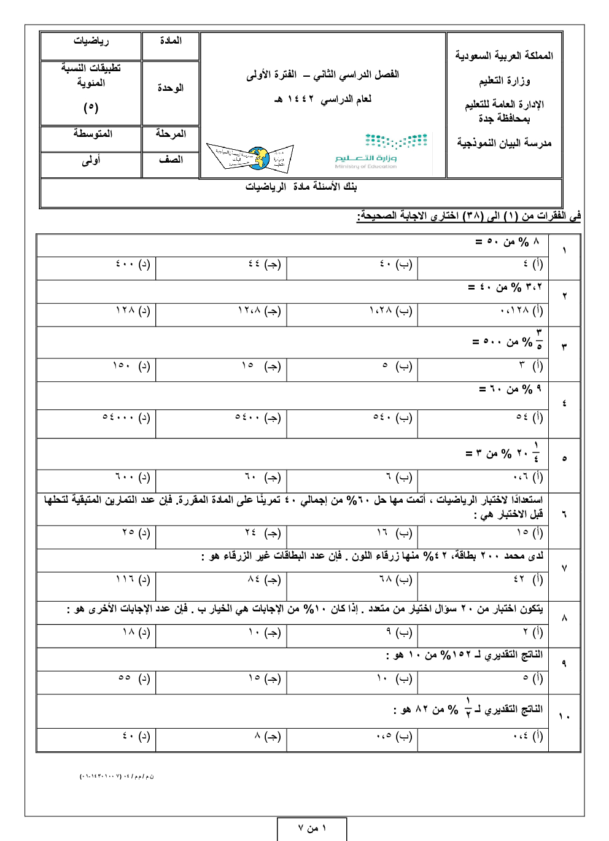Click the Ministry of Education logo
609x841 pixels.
tap(381, 150)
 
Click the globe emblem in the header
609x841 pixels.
tap(258, 158)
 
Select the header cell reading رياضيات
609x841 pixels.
tap(91, 41)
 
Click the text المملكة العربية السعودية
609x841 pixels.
tap(504, 56)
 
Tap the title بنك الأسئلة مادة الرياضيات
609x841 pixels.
tap(301, 187)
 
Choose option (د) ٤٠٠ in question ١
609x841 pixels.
tap(133, 264)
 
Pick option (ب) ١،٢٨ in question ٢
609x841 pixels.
tap(390, 311)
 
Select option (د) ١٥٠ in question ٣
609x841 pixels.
tap(131, 366)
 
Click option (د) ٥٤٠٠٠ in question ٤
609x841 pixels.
tap(126, 417)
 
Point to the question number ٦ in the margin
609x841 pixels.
tap(564, 514)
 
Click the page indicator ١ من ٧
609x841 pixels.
tap(312, 829)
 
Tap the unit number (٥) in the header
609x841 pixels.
tap(91, 107)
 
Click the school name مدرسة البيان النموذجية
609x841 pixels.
tap(504, 143)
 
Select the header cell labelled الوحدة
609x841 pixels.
tap(171, 88)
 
